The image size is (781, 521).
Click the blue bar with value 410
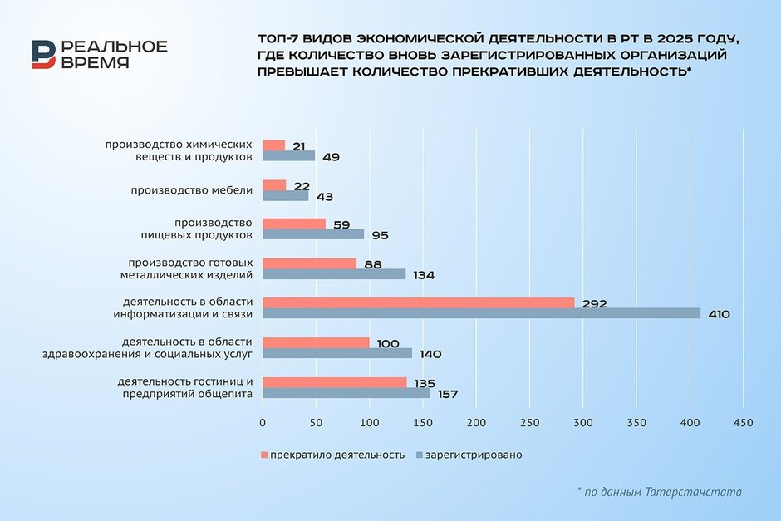coord(481,313)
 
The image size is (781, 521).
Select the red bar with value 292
coord(418,302)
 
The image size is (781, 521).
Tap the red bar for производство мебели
coord(274,184)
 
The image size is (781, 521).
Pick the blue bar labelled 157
coord(346,393)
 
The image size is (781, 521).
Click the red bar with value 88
coord(309,263)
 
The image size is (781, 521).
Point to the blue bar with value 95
coord(313,234)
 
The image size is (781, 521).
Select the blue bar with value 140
coord(337,353)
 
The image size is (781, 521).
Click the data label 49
coord(332,156)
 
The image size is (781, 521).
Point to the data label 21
coord(299,145)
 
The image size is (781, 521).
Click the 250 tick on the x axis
coord(529,423)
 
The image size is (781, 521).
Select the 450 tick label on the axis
coord(743,423)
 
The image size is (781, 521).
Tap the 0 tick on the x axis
coord(263,423)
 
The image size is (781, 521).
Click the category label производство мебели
coord(192,190)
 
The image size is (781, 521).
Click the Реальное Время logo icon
coord(43,54)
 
